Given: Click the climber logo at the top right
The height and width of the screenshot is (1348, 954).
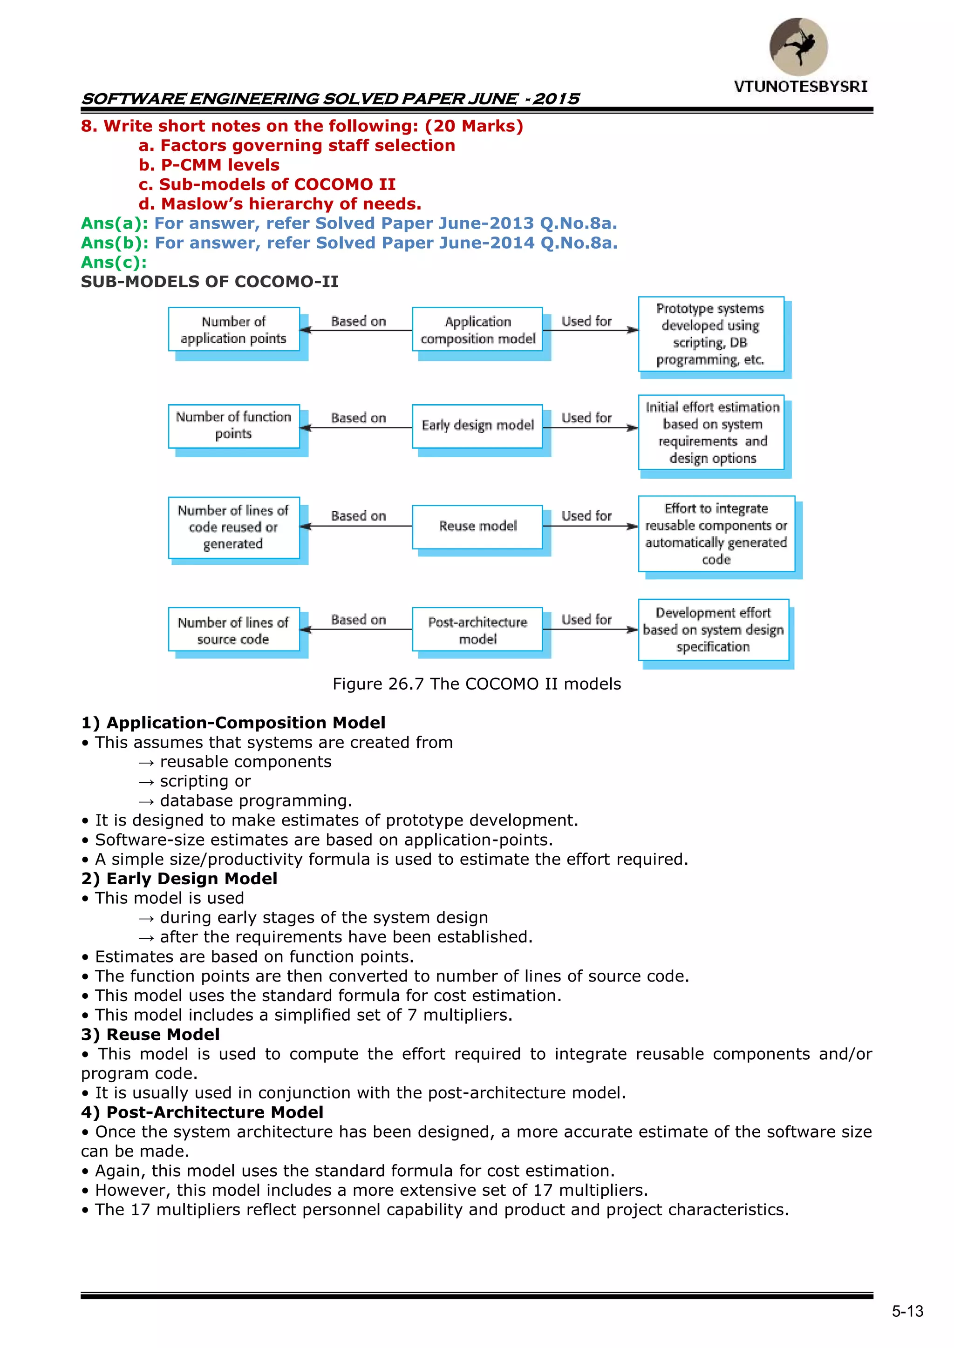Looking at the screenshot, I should tap(798, 47).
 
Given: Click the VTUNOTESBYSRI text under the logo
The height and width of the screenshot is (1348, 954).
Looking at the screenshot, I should tap(800, 87).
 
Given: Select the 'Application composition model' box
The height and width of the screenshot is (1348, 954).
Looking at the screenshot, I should tap(477, 330).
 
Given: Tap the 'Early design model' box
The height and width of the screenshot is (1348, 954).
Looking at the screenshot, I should tap(477, 426).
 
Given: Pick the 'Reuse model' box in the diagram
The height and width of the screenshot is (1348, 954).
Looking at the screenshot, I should tap(477, 527).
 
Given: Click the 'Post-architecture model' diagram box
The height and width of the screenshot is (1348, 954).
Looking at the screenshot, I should tap(477, 630).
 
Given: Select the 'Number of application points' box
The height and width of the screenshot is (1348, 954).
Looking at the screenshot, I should tap(234, 330).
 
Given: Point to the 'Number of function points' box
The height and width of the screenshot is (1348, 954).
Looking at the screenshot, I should tap(234, 426).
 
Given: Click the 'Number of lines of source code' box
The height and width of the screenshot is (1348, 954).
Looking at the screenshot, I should tap(234, 630).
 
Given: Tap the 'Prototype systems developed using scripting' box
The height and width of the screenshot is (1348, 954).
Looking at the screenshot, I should tap(711, 334).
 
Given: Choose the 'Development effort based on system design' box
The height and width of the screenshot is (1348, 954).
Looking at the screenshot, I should tap(713, 630).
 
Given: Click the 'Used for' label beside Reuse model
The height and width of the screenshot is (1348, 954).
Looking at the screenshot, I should tap(586, 516).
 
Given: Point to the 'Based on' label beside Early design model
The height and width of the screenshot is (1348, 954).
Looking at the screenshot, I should tap(358, 418).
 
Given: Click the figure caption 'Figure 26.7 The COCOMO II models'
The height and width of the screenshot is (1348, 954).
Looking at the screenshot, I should tap(477, 684).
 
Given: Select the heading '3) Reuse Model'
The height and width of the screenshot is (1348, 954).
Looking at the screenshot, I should tap(150, 1035).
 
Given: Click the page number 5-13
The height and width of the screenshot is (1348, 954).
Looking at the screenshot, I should tap(907, 1312).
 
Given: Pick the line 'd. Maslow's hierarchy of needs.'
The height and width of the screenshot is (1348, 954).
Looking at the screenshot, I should tap(279, 204).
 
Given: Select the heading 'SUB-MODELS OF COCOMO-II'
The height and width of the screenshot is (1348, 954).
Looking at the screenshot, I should tap(210, 282).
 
